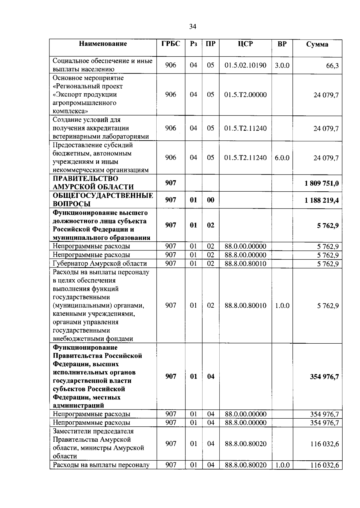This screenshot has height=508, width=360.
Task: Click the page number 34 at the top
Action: click(193, 27)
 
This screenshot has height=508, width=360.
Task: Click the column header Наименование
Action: click(103, 44)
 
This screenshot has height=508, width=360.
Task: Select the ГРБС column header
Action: click(171, 44)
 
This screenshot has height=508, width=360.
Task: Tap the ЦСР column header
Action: click(245, 44)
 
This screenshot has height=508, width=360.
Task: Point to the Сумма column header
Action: click(317, 44)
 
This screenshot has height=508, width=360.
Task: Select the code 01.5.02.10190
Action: click(245, 65)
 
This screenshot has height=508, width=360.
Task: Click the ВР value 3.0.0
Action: click(282, 65)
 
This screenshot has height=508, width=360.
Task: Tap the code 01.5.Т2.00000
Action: click(245, 95)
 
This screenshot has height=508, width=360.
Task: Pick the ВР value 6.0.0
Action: click(282, 158)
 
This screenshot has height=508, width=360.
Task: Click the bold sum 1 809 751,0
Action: click(322, 183)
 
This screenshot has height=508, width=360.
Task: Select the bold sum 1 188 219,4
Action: click(322, 200)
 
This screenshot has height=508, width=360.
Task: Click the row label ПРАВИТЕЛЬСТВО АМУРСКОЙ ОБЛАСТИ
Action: click(93, 183)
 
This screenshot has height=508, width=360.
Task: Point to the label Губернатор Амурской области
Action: click(100, 264)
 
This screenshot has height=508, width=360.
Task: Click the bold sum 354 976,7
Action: click(324, 377)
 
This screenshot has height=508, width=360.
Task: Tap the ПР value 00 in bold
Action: click(211, 200)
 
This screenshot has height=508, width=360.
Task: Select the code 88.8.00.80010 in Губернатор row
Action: click(245, 264)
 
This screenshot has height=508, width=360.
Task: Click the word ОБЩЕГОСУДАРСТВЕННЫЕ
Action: click(103, 196)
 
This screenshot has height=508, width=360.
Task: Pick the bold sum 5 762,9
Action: click(328, 226)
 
